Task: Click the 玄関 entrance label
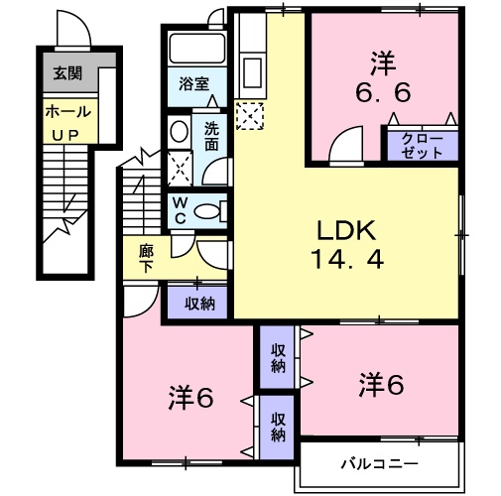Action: (x=67, y=71)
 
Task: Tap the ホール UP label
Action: (x=67, y=120)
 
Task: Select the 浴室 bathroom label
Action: (x=193, y=84)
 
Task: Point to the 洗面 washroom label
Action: (x=213, y=135)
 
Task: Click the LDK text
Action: (x=345, y=230)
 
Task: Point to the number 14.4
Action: (x=345, y=261)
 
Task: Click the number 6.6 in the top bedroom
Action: (x=383, y=93)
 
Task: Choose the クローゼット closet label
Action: (x=422, y=146)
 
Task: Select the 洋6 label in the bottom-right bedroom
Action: (x=381, y=382)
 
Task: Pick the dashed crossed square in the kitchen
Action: (x=251, y=116)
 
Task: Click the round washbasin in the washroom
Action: (x=180, y=131)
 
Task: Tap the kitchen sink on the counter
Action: (x=251, y=71)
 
